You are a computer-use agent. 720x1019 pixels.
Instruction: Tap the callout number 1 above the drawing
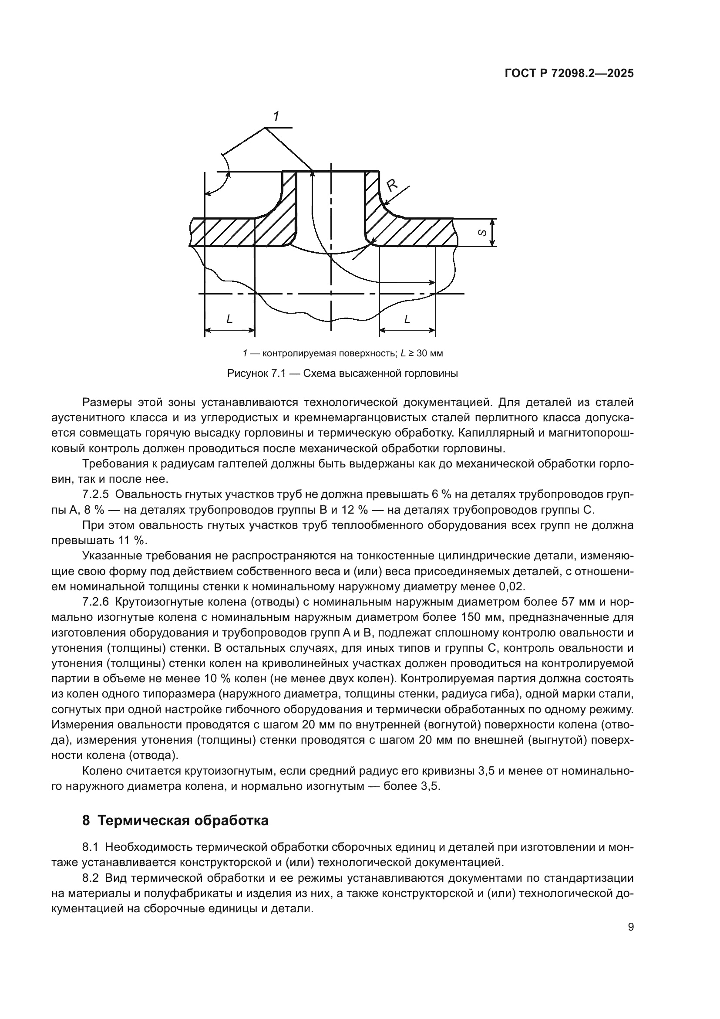point(276,117)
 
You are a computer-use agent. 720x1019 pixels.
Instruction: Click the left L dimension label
point(229,318)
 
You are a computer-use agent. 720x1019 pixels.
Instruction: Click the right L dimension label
point(407,318)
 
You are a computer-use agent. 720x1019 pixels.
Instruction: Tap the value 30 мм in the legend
point(430,354)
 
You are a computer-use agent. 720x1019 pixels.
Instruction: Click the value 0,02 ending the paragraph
point(512,587)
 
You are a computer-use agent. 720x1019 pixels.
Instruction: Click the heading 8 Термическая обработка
point(175,821)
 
